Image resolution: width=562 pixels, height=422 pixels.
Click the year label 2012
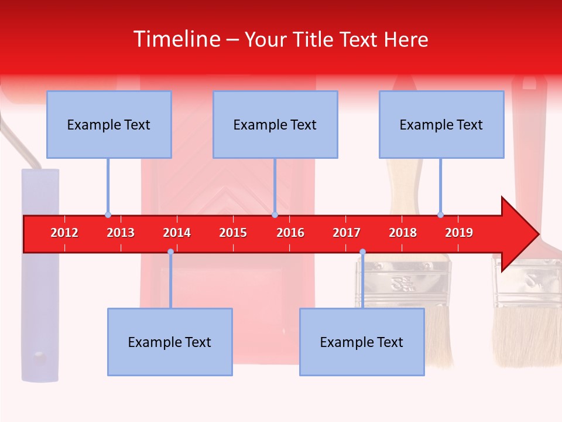(64, 233)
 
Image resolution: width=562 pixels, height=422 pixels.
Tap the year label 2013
(121, 233)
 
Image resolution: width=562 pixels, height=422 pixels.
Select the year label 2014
(177, 233)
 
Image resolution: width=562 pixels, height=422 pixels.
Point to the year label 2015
(233, 233)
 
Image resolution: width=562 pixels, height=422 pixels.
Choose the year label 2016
(290, 233)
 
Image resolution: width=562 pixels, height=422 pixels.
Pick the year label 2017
(347, 233)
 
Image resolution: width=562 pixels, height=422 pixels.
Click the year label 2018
(403, 233)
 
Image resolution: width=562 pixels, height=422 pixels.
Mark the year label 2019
(459, 233)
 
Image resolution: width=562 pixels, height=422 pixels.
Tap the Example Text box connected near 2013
(109, 124)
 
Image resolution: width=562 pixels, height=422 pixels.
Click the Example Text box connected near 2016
(275, 124)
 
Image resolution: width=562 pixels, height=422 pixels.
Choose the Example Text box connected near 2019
(441, 124)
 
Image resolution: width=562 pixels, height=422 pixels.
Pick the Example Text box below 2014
(170, 342)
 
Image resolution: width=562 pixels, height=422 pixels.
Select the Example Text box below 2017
(362, 342)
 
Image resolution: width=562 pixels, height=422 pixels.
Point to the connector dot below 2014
(170, 252)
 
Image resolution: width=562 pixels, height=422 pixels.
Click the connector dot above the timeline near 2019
(440, 215)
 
